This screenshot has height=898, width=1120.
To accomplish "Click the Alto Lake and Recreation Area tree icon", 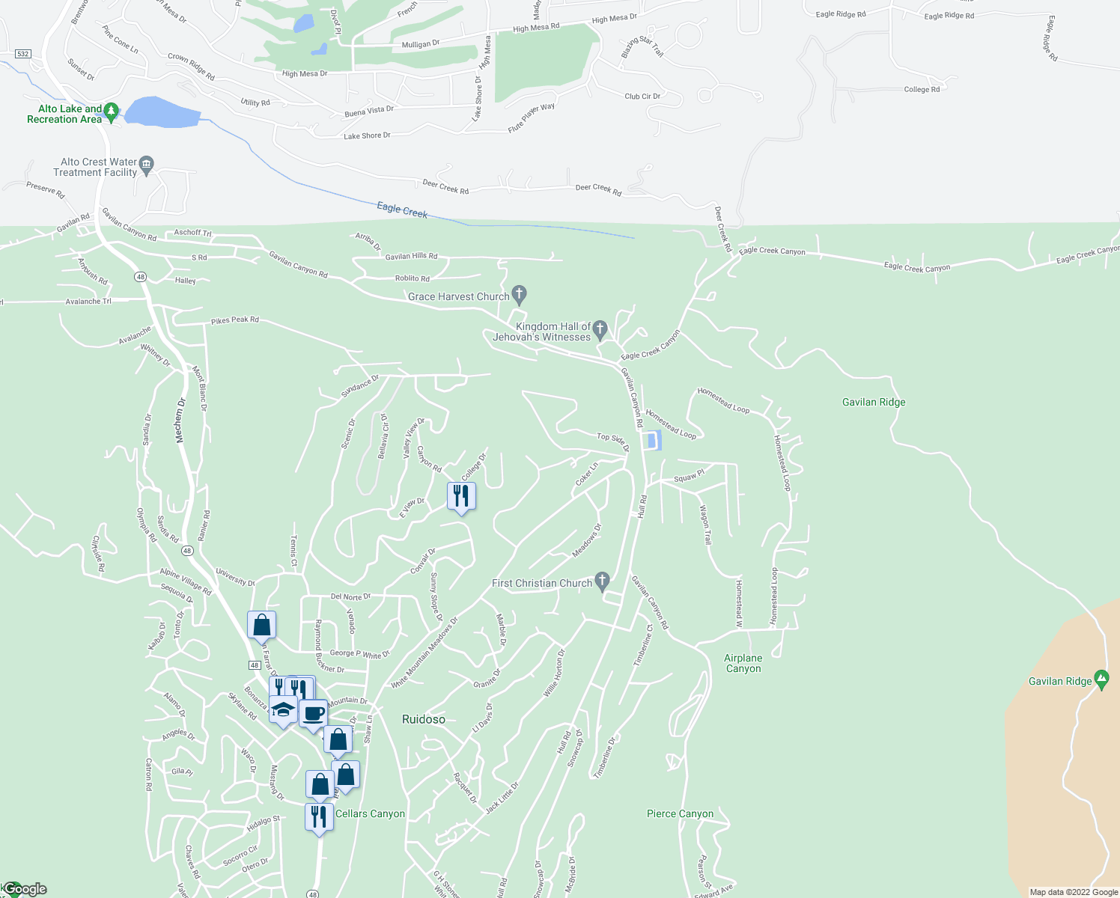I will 112,112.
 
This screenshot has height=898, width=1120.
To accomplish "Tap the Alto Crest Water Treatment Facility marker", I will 147,164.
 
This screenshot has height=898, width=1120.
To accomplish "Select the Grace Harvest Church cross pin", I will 519,293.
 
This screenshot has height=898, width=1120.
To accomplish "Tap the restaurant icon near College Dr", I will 461,495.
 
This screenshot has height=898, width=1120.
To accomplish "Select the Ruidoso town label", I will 424,719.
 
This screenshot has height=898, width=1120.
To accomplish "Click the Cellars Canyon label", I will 370,813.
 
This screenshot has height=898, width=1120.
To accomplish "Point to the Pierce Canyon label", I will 680,813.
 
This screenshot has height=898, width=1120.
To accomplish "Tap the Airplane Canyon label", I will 743,663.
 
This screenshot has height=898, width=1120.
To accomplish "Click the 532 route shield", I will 23,54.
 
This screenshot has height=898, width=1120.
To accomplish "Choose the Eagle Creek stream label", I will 402,210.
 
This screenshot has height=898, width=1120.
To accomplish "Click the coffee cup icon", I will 314,713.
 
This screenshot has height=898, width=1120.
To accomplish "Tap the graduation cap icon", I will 283,709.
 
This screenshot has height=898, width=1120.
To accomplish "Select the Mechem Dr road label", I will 180,421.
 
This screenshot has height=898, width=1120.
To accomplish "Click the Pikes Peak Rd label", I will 234,320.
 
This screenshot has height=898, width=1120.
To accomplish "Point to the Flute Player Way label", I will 532,117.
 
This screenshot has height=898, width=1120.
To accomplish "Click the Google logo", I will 25,889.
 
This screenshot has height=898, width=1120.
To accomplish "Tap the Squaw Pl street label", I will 689,477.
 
